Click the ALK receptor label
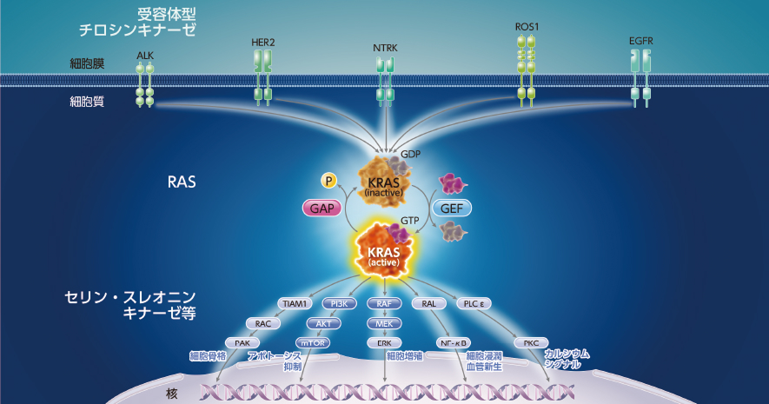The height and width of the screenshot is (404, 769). [x=145, y=55]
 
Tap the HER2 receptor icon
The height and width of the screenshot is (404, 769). [x=262, y=78]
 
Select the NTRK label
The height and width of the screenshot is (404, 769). [x=384, y=49]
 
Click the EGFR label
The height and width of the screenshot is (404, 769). [x=640, y=41]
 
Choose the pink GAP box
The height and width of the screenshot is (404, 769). [x=320, y=209]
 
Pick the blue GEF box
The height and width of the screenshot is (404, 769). [x=451, y=209]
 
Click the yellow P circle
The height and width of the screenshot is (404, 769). [x=328, y=180]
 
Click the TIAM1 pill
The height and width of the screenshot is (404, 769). [x=294, y=304]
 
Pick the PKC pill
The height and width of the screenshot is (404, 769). [x=530, y=342]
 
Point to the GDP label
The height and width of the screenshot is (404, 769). [x=410, y=154]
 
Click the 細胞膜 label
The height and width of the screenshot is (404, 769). [x=87, y=63]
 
